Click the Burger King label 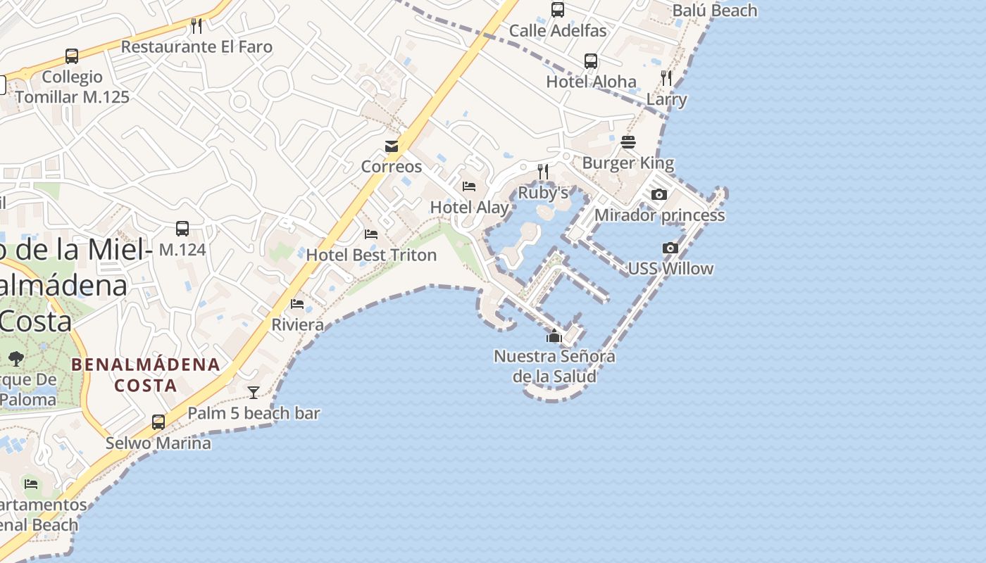628,163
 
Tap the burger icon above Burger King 628,142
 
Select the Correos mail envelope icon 392,146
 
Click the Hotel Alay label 469,207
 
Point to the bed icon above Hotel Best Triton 371,234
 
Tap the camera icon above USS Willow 670,248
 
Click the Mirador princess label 659,215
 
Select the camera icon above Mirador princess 659,194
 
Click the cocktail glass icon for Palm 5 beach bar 254,392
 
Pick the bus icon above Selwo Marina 158,422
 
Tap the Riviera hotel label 298,324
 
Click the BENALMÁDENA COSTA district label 146,375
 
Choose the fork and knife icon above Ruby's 543,171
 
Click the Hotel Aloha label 591,82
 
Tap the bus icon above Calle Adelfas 558,9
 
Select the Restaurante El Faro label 196,47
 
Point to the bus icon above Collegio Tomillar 72,56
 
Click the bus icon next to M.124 182,228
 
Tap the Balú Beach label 714,11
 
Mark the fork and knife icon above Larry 666,77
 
